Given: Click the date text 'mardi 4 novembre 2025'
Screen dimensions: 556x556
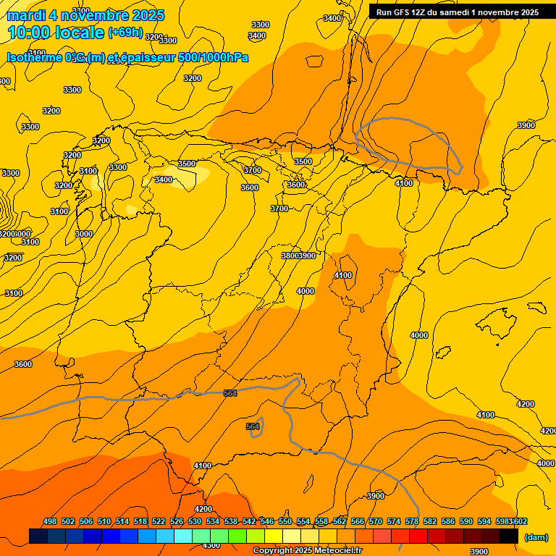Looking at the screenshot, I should click(x=85, y=15).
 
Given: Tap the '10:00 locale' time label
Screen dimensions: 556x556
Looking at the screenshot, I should click(x=56, y=32).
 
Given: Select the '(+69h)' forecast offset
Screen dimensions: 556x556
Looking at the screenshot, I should click(x=125, y=33).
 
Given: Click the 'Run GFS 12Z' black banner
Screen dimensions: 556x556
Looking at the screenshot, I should click(x=457, y=12).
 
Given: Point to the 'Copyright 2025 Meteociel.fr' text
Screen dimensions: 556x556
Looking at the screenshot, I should click(x=308, y=551).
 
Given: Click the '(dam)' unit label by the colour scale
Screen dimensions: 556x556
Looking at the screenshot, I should click(x=536, y=536).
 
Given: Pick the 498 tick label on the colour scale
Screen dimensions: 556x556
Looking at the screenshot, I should click(x=50, y=521).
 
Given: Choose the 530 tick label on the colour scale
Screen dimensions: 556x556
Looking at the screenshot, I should click(x=195, y=521).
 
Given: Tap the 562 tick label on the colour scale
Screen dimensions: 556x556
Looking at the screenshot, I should click(x=340, y=521).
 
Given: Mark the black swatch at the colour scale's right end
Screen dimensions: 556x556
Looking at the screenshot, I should click(x=509, y=536).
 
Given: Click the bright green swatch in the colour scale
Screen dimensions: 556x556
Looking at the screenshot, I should click(x=237, y=536).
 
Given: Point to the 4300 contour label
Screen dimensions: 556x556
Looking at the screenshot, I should click(x=211, y=545).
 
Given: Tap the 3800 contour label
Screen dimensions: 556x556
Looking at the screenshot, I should click(x=290, y=256).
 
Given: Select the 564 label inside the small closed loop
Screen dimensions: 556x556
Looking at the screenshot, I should click(x=253, y=426).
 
